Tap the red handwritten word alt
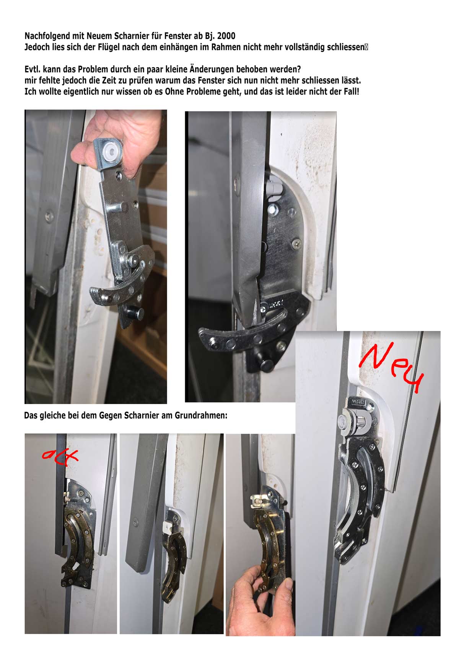tap(60, 457)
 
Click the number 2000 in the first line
tap(226, 36)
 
